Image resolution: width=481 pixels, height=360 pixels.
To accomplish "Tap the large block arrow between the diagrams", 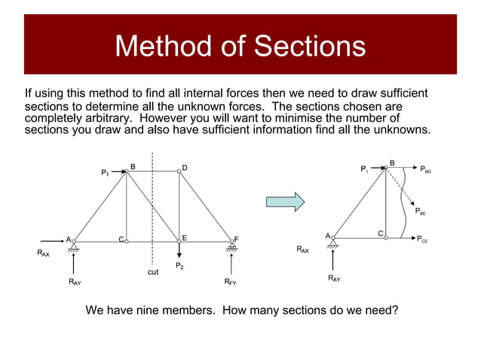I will tap(285, 202).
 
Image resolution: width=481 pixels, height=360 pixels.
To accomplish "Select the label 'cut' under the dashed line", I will tap(153, 272).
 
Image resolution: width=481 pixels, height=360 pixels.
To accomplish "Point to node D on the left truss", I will tap(179, 171).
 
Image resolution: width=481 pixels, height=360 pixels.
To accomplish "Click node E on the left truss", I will tap(179, 240).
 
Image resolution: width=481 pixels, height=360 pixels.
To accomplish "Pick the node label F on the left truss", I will tap(236, 239).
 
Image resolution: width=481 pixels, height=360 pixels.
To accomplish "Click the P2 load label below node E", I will tap(179, 265).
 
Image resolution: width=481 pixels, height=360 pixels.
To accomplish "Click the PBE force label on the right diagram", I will tap(420, 212).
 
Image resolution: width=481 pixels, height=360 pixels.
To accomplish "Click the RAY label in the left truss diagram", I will tap(75, 282).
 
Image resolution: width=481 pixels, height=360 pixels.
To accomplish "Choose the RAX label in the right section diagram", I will tap(302, 249).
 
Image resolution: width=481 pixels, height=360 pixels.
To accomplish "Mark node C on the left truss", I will tap(127, 241).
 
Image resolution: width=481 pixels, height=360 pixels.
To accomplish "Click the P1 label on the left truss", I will tap(106, 173).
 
